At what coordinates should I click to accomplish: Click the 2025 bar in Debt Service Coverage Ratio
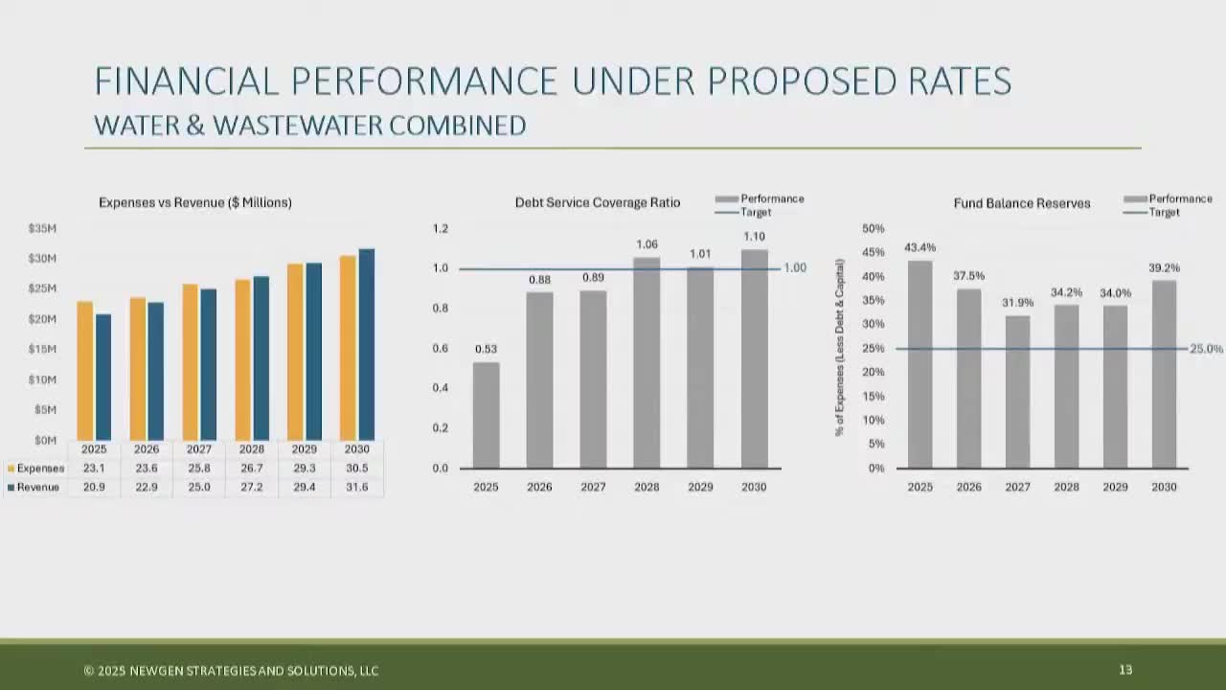(486, 415)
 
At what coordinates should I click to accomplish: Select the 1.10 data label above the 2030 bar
(754, 237)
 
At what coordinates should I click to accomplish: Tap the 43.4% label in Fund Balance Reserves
(919, 247)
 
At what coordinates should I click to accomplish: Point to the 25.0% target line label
(1206, 349)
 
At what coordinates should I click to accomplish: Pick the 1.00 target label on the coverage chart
(795, 268)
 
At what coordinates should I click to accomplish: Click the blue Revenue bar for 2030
(366, 345)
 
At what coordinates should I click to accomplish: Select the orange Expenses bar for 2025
(85, 371)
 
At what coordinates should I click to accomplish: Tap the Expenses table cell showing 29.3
(304, 469)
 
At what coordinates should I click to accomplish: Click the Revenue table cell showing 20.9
(94, 488)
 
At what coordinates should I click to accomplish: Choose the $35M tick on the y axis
(42, 229)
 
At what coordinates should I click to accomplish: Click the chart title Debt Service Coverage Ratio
(598, 203)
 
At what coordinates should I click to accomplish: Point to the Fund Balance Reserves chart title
(1022, 203)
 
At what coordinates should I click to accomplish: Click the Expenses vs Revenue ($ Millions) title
(195, 203)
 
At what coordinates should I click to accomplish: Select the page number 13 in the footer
(1125, 670)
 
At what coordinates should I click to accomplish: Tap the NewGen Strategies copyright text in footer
(231, 671)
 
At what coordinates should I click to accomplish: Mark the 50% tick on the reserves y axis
(873, 229)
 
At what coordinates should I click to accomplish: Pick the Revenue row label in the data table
(37, 488)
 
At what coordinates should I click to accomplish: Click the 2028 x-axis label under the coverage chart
(647, 487)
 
